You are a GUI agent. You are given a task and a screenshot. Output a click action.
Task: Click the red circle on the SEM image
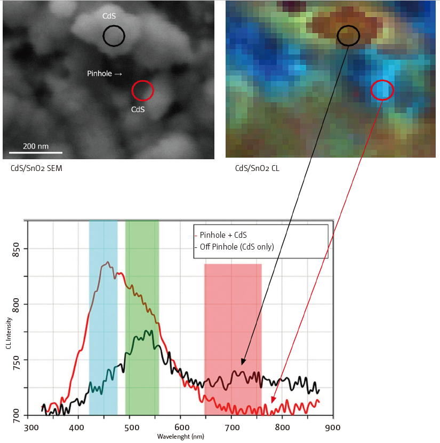(x=142, y=90)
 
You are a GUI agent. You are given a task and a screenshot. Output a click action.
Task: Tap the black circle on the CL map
(x=349, y=35)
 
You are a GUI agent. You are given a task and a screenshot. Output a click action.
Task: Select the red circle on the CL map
(x=382, y=90)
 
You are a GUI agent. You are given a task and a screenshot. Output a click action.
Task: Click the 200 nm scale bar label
(x=35, y=146)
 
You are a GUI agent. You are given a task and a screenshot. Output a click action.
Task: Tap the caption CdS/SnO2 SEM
(x=36, y=168)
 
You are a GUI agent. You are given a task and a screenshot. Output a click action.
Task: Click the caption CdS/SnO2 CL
(x=258, y=168)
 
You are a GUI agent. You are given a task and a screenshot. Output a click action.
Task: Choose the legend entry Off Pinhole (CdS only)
(x=235, y=246)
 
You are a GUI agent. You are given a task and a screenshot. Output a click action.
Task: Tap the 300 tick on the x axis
(x=31, y=428)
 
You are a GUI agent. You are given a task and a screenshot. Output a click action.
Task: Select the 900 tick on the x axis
(x=332, y=428)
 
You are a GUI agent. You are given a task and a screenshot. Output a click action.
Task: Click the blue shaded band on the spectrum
(x=103, y=315)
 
